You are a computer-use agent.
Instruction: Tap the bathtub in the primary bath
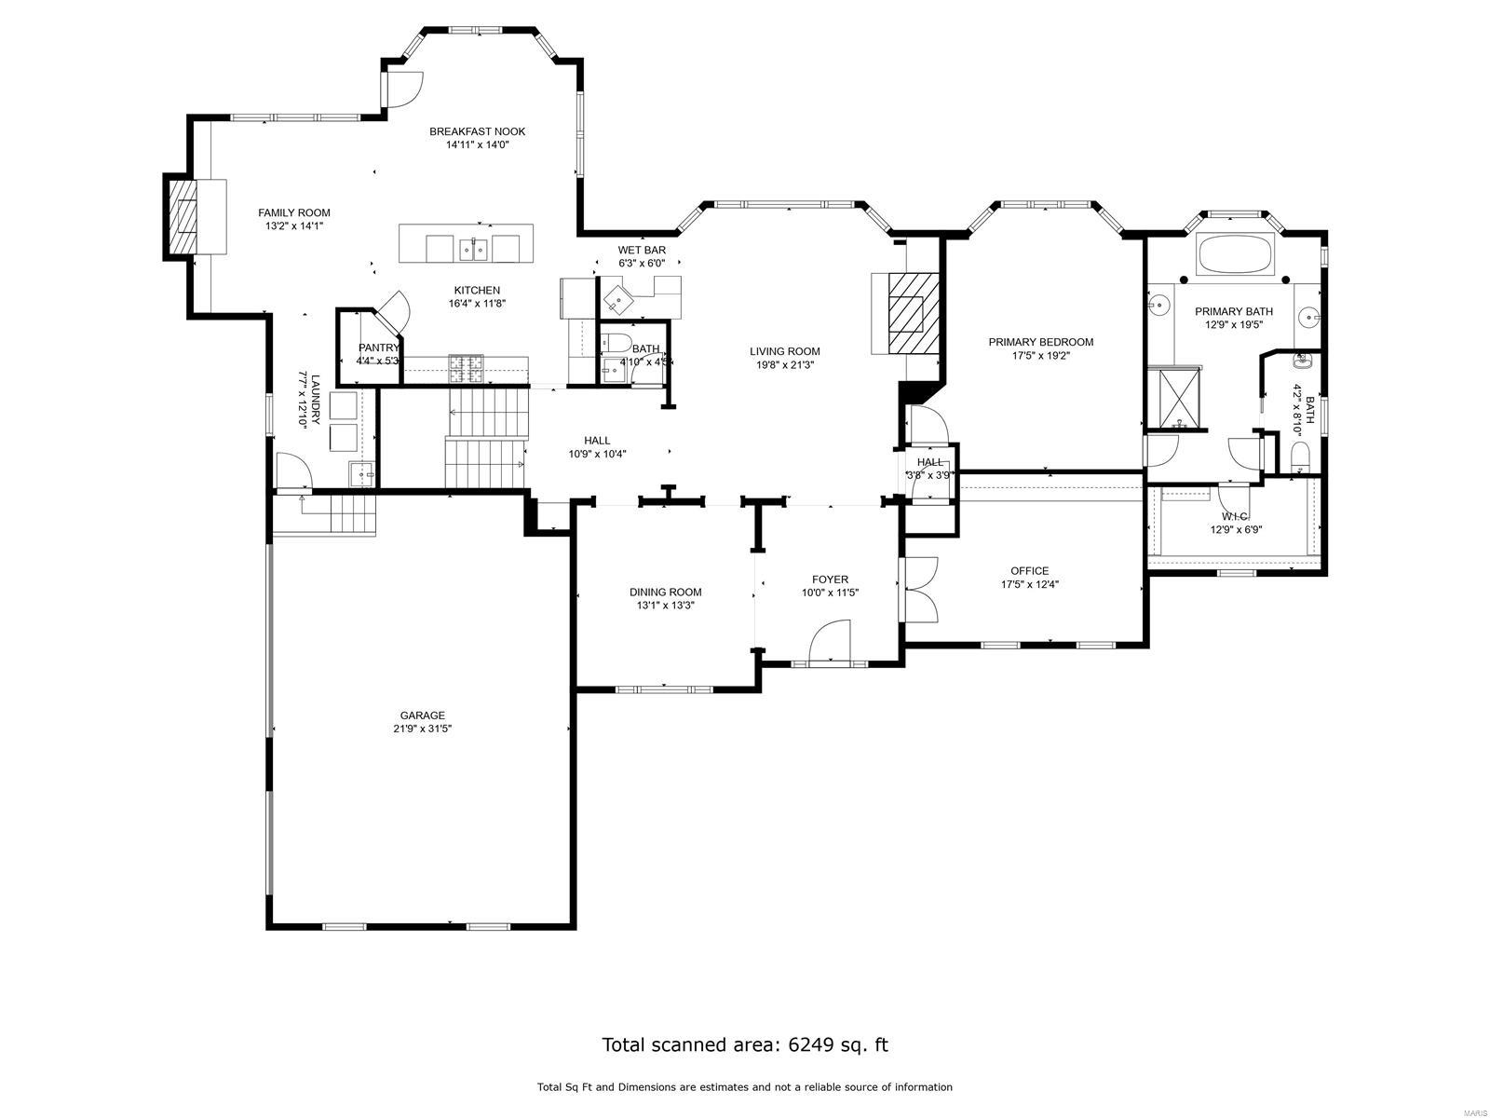click(x=1236, y=255)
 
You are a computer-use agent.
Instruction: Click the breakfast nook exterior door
click(x=402, y=89)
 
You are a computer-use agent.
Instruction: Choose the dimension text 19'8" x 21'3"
click(x=785, y=364)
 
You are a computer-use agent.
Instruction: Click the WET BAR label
click(x=642, y=251)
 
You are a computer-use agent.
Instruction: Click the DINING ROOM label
click(x=665, y=592)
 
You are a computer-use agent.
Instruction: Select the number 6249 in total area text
click(x=809, y=1044)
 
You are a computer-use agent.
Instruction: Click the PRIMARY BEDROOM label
click(x=1040, y=342)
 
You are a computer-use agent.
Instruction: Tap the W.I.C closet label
click(x=1234, y=516)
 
